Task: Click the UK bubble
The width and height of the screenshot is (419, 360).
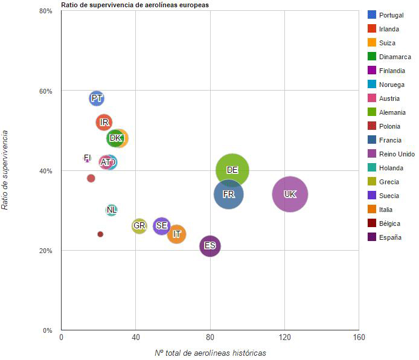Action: coord(290,194)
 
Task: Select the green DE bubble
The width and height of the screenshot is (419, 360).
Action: coord(232,170)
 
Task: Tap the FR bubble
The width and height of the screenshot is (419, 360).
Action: coord(229,194)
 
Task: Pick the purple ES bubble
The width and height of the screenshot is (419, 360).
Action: coord(210,246)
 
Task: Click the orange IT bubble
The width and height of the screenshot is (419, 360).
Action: coord(177,234)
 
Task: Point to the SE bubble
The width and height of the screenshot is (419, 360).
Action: coord(161,226)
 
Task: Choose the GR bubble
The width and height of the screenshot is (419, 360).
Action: coord(139,226)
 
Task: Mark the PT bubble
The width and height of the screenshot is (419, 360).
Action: coord(97,98)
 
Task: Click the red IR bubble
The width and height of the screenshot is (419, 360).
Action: coord(104,122)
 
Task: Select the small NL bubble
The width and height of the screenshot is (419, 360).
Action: coord(112,210)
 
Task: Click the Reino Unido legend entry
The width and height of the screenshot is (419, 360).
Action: coord(396,154)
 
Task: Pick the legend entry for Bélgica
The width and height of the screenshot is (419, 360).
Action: coord(389,223)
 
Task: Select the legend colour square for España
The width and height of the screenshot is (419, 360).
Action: coord(372,237)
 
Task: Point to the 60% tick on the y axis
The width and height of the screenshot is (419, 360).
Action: coord(46,91)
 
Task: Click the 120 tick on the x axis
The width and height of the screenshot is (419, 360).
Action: coord(284,336)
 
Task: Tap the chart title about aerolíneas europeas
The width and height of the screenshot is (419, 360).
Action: coord(135,5)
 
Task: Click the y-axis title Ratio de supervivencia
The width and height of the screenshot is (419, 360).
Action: coord(5,170)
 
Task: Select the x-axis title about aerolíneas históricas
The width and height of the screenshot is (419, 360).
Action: coord(210,353)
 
